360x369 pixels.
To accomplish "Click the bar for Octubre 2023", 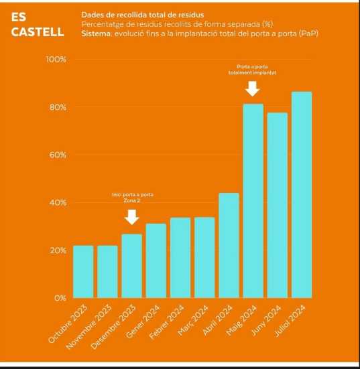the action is click(x=83, y=272).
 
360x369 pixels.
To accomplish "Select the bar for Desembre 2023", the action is click(x=131, y=266).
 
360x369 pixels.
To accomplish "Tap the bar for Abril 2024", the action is click(x=229, y=246).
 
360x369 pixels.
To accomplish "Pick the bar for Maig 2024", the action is click(x=253, y=201).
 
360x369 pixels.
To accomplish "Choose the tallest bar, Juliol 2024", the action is click(x=302, y=195).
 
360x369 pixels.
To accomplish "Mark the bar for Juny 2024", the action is click(x=278, y=206).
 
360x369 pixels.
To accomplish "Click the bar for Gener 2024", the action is click(x=156, y=261).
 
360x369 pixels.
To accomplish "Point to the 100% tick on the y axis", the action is click(x=56, y=60).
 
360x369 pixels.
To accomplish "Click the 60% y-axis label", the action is click(x=58, y=155).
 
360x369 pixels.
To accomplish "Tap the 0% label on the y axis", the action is click(x=60, y=298).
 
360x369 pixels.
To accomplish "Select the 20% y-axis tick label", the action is click(x=58, y=250).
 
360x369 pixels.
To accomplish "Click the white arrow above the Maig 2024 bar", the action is click(x=252, y=88).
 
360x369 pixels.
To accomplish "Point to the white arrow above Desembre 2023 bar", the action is click(x=131, y=217).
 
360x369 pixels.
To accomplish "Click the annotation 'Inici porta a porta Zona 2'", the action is click(x=132, y=198).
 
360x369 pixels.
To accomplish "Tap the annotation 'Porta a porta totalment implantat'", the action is click(x=252, y=70).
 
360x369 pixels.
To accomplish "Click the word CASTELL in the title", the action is click(x=38, y=31).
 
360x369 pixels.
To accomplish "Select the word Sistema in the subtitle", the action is click(x=96, y=33).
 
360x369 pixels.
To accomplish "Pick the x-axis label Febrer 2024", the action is click(x=166, y=322).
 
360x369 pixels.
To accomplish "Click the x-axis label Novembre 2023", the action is click(x=88, y=327).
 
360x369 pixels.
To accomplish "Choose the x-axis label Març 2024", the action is click(x=192, y=320).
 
